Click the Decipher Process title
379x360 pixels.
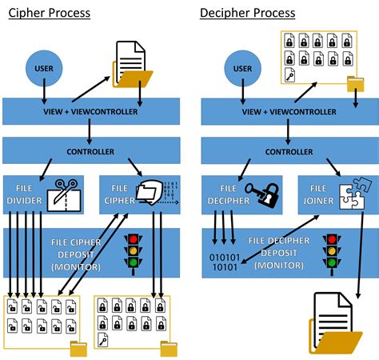click(247, 13)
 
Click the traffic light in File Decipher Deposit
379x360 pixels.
click(329, 251)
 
